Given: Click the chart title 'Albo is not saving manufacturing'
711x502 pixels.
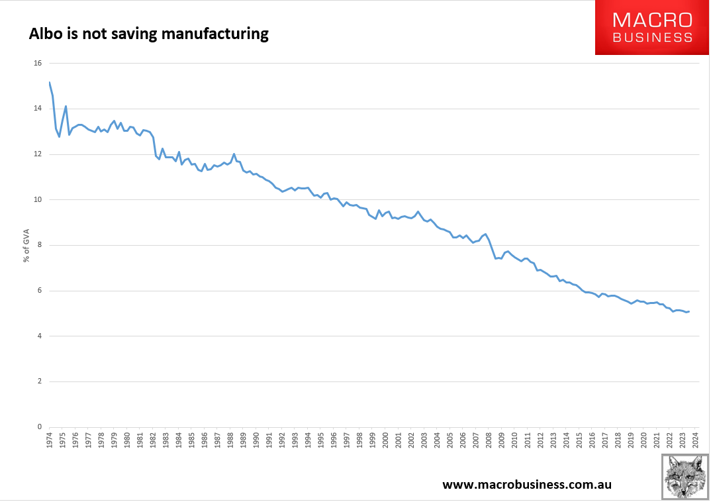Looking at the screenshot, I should pyautogui.click(x=148, y=34).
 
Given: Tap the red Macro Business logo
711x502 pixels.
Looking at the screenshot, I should pyautogui.click(x=652, y=28).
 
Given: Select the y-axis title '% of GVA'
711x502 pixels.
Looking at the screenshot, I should pyautogui.click(x=27, y=244).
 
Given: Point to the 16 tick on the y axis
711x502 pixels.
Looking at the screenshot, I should pyautogui.click(x=37, y=64).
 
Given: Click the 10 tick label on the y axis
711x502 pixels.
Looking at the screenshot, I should pyautogui.click(x=37, y=200).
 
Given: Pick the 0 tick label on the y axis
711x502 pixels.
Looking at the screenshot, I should pyautogui.click(x=39, y=427).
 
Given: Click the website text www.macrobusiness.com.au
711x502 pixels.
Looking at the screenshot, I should pyautogui.click(x=526, y=484).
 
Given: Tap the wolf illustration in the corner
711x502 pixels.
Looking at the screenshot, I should pyautogui.click(x=685, y=477).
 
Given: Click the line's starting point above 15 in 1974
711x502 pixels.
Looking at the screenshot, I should pyautogui.click(x=50, y=82).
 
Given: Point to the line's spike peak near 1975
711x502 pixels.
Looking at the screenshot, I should pyautogui.click(x=66, y=106).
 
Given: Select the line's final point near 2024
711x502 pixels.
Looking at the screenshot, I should pyautogui.click(x=689, y=311).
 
